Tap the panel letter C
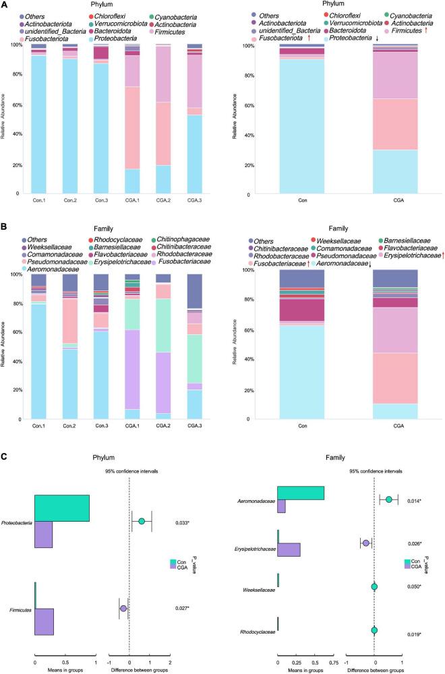point(5,456)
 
